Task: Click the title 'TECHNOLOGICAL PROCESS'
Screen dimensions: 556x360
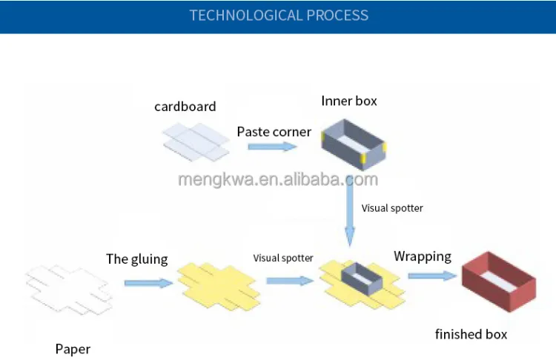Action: tap(279, 16)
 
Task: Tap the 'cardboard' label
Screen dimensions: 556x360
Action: tap(185, 107)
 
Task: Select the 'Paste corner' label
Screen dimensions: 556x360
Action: tap(274, 132)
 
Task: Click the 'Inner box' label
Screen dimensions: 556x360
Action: tap(349, 101)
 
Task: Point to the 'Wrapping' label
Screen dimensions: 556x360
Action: tap(423, 256)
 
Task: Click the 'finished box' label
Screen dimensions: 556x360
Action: tap(471, 334)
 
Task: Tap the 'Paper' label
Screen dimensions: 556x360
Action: tap(73, 350)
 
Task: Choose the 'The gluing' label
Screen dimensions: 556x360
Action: tap(137, 259)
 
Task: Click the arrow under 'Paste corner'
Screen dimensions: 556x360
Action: tap(272, 147)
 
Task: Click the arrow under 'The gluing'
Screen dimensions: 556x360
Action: tap(148, 283)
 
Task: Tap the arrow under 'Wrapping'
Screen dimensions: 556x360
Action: tap(432, 276)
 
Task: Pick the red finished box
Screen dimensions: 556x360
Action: tap(499, 281)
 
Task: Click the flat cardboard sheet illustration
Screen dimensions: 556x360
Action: tap(196, 142)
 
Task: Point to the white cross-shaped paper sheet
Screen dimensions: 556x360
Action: tap(69, 290)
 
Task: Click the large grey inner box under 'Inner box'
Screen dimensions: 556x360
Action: tap(353, 145)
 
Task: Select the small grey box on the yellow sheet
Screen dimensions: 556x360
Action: tap(362, 279)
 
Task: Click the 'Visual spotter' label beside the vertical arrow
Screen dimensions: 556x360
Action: tap(392, 208)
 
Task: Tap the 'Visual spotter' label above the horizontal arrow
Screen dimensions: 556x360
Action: tap(283, 258)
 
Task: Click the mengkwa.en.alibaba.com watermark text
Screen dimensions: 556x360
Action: tap(278, 179)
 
